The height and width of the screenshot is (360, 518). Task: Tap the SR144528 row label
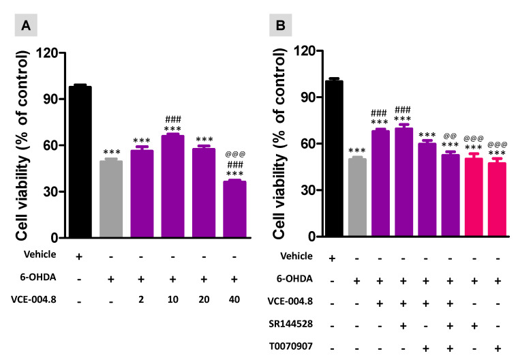point(285,325)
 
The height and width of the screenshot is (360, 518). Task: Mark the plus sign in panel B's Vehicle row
point(334,257)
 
